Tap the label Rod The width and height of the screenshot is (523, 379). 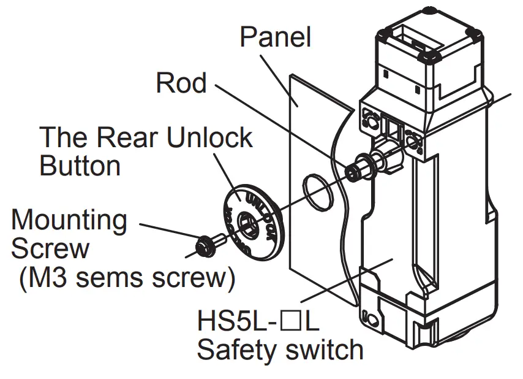click(x=181, y=83)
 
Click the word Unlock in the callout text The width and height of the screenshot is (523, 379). click(x=209, y=137)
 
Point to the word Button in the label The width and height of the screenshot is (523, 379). click(x=80, y=166)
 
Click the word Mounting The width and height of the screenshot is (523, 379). click(x=69, y=220)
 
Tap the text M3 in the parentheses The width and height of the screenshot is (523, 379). click(x=43, y=278)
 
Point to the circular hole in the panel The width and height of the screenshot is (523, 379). click(x=318, y=191)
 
